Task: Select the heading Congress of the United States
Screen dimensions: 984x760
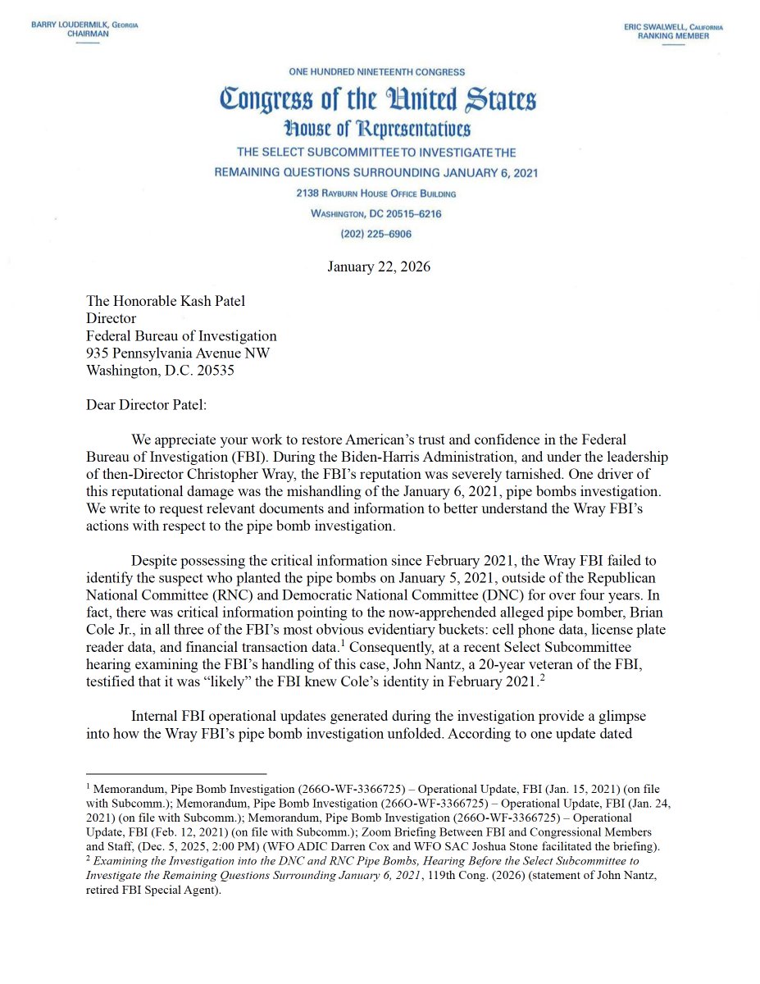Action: click(378, 100)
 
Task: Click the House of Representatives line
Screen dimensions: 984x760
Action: click(377, 129)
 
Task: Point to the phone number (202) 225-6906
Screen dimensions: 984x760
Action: click(376, 234)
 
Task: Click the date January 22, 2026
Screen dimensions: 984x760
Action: click(379, 266)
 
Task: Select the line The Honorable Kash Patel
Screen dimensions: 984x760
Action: click(166, 301)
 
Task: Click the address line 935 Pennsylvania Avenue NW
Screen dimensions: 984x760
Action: click(178, 353)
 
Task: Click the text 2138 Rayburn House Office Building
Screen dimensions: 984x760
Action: click(376, 194)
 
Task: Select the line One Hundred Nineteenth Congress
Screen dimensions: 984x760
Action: click(377, 72)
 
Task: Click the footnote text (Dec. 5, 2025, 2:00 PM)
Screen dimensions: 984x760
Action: click(205, 845)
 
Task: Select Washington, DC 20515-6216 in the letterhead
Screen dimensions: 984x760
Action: click(376, 213)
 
